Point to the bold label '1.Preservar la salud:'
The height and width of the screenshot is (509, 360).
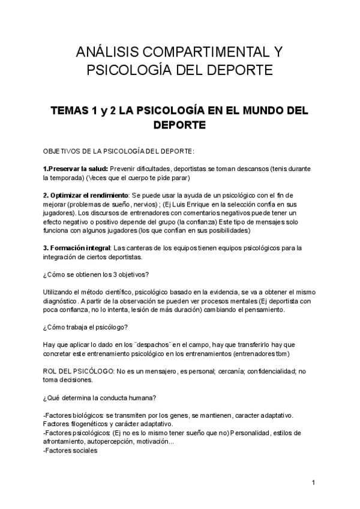tap(76, 169)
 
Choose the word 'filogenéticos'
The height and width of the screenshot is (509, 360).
tap(91, 424)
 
